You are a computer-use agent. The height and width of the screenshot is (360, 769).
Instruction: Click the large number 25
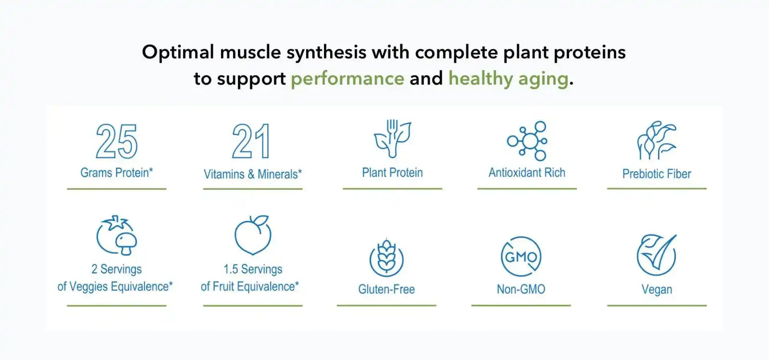coord(117,141)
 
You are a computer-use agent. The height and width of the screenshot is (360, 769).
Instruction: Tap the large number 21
coord(251,141)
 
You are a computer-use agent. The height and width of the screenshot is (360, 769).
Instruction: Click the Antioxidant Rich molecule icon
coord(527,141)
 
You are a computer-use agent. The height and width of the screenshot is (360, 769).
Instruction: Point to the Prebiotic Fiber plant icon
coord(656,140)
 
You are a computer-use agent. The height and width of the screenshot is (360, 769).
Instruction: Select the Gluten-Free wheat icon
coord(387,257)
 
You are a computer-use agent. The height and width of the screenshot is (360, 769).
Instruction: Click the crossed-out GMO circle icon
coord(521,256)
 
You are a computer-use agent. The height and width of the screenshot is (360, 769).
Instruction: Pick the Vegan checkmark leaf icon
coord(656,256)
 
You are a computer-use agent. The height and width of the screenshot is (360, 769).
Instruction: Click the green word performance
coord(348,79)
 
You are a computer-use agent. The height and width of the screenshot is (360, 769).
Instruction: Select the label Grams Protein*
coord(117,172)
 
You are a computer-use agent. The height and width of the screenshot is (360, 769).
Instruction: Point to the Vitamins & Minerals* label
coord(253,174)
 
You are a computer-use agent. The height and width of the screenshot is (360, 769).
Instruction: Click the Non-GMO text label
coord(521,289)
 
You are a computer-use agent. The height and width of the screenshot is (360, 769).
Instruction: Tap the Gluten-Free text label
coord(387,289)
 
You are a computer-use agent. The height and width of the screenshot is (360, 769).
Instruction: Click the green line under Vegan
coord(657,305)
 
